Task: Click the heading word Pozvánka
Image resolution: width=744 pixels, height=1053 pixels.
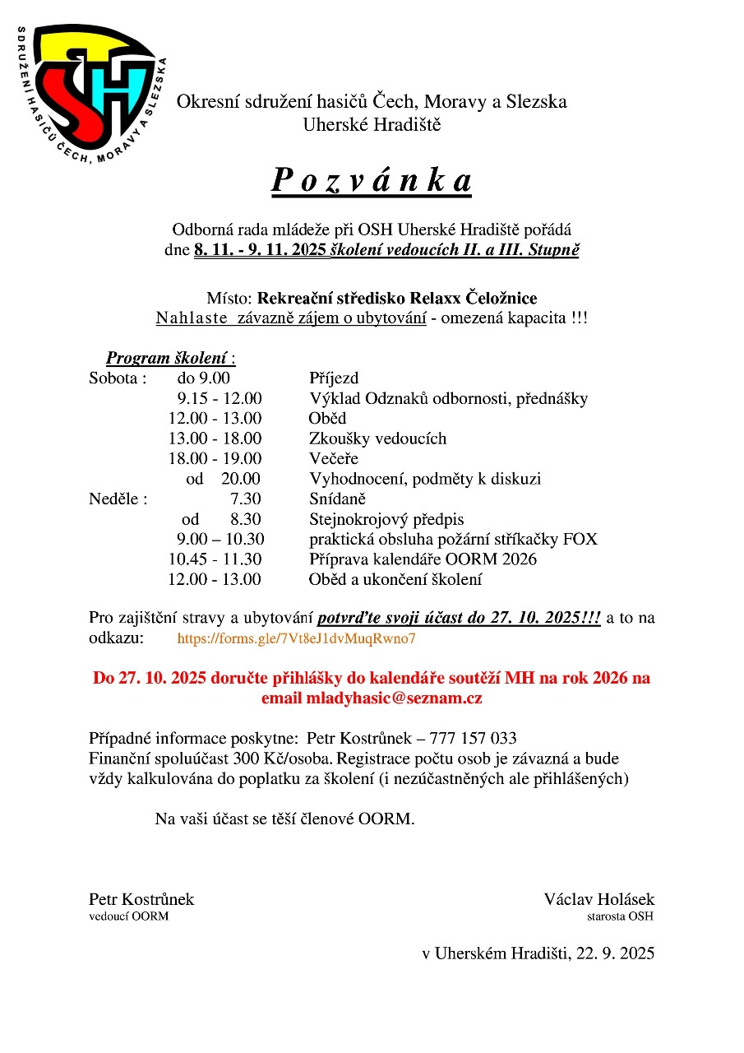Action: click(372, 181)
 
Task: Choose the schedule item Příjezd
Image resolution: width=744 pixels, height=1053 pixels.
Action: click(334, 379)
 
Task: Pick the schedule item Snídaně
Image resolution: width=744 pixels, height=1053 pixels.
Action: click(337, 499)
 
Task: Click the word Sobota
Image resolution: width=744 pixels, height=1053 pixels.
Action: click(116, 379)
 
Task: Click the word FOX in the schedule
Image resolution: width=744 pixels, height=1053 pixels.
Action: click(580, 540)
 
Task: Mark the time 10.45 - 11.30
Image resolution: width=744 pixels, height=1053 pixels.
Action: click(215, 559)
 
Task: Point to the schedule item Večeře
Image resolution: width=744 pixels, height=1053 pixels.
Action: click(333, 459)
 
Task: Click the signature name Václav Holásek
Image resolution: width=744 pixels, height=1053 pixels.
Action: click(598, 899)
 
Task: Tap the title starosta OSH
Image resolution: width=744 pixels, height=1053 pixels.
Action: click(620, 916)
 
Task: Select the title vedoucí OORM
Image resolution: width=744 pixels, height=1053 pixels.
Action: click(128, 916)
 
